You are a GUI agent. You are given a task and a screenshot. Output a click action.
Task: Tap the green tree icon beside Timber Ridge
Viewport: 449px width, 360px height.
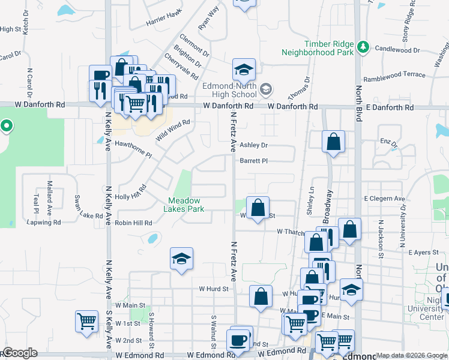(362, 46)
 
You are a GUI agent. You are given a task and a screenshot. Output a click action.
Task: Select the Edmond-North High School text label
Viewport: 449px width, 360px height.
(229, 90)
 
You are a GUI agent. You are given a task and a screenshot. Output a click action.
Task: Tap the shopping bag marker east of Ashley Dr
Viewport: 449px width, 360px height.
(333, 142)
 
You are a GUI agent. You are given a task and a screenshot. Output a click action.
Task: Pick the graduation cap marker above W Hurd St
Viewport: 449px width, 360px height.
(181, 259)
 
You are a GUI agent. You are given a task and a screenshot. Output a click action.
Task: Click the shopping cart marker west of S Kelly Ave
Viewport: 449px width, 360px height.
(86, 320)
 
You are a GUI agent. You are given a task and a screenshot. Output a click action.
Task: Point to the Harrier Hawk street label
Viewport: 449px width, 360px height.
(164, 22)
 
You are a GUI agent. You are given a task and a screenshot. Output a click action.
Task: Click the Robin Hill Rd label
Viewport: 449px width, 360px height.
(134, 223)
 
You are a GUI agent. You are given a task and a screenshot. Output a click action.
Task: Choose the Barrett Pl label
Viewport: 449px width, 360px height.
(253, 161)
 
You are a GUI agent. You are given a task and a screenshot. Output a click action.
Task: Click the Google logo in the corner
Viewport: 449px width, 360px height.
(19, 353)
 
